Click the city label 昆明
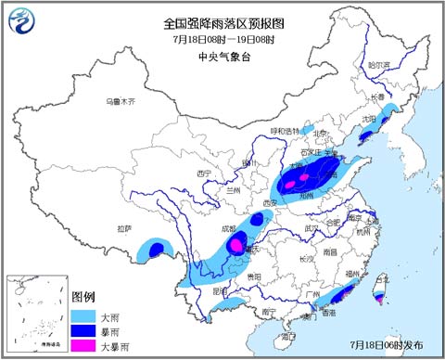click(219, 290)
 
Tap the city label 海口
click(288, 335)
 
